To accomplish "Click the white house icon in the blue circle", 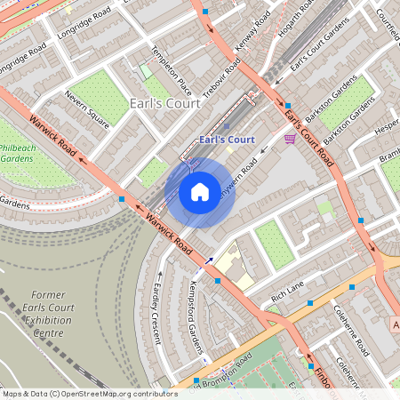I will [x=200, y=191].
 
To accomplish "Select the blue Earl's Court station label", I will [x=227, y=140].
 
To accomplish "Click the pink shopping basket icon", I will [x=290, y=139].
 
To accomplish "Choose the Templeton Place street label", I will [x=172, y=71].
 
